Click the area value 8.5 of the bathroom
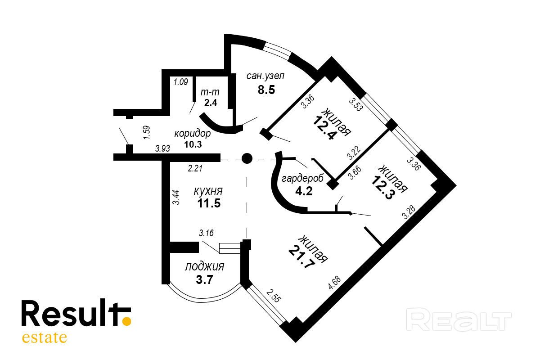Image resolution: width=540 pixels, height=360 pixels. [266, 89]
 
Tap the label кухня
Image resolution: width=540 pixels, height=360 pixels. [208, 190]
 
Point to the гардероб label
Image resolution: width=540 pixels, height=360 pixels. [302, 178]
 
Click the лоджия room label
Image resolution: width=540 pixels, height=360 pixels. [204, 266]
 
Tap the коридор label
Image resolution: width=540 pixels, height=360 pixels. [192, 134]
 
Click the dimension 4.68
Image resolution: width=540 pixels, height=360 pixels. [334, 283]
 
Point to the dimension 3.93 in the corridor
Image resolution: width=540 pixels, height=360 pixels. [162, 148]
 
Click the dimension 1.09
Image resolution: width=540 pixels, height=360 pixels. [180, 82]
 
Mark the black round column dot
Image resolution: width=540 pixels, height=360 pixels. [247, 158]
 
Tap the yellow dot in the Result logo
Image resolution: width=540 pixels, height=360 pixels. [127, 321]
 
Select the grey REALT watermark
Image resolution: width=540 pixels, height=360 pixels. [459, 320]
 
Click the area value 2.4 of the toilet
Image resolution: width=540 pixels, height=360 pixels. [211, 102]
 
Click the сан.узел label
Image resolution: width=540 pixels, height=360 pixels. [265, 76]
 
